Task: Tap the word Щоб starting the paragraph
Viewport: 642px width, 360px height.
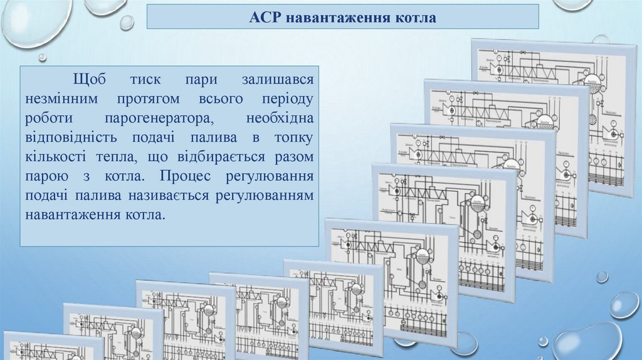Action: (x=90, y=80)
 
